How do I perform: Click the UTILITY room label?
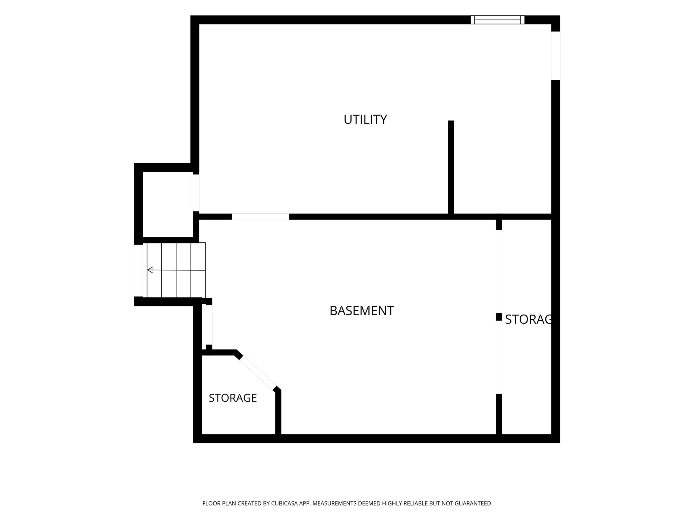click(x=365, y=119)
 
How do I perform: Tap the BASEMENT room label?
click(x=362, y=311)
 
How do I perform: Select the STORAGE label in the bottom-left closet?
click(x=233, y=398)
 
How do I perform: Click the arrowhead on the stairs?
click(x=150, y=270)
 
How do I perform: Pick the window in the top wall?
click(x=497, y=20)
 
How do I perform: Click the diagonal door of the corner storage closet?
click(x=258, y=373)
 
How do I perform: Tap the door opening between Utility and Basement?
click(x=260, y=216)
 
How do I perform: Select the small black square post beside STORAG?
click(x=499, y=317)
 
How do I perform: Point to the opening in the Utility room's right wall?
click(x=556, y=56)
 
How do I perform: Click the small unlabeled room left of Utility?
click(x=168, y=204)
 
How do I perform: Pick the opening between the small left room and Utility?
click(x=196, y=193)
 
